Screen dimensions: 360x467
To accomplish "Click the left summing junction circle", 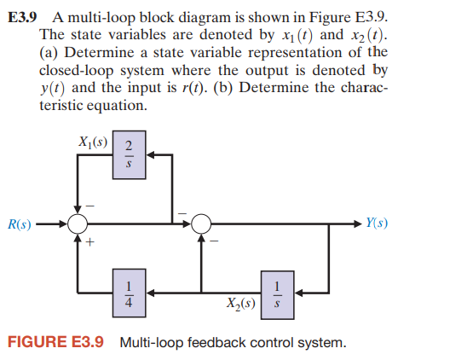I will tap(78, 224).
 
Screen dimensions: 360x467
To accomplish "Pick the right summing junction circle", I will tap(202, 224).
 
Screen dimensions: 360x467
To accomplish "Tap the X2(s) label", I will tap(241, 301).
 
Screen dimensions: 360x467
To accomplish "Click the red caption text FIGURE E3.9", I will tap(55, 343).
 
